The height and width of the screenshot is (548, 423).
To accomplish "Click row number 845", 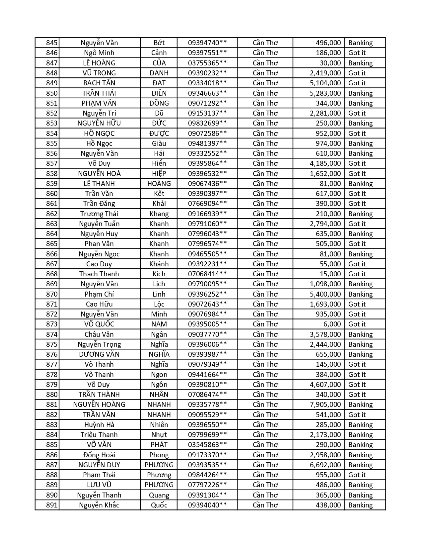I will pyautogui.click(x=52, y=43).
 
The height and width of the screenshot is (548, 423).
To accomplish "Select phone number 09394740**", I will pyautogui.click(x=207, y=43).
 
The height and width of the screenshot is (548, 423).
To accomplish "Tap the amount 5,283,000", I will pyautogui.click(x=325, y=93).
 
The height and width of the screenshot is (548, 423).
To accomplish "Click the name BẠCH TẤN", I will pyautogui.click(x=99, y=83).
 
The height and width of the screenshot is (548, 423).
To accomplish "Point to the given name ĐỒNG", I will pyautogui.click(x=159, y=103).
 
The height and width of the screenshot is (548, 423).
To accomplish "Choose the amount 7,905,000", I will pyautogui.click(x=325, y=405).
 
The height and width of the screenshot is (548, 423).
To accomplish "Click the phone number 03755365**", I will pyautogui.click(x=207, y=63).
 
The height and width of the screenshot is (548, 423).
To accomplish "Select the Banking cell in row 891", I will pyautogui.click(x=360, y=505).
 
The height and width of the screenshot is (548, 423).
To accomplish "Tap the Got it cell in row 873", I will pyautogui.click(x=357, y=324).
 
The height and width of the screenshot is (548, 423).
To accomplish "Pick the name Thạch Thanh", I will pyautogui.click(x=99, y=274).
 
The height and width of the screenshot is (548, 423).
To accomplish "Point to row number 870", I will pyautogui.click(x=52, y=294).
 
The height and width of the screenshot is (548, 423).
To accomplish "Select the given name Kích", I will pyautogui.click(x=159, y=274).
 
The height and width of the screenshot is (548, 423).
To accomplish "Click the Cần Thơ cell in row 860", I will pyautogui.click(x=265, y=194).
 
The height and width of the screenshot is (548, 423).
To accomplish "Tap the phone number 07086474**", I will pyautogui.click(x=207, y=395).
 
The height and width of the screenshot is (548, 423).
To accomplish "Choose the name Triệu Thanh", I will pyautogui.click(x=99, y=435).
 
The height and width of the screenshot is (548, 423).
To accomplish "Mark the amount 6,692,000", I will pyautogui.click(x=325, y=465).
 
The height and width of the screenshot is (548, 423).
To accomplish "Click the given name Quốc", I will pyautogui.click(x=159, y=505).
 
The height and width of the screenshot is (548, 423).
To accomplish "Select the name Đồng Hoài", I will pyautogui.click(x=99, y=455).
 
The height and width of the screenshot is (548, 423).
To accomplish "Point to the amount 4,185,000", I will pyautogui.click(x=325, y=163).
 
